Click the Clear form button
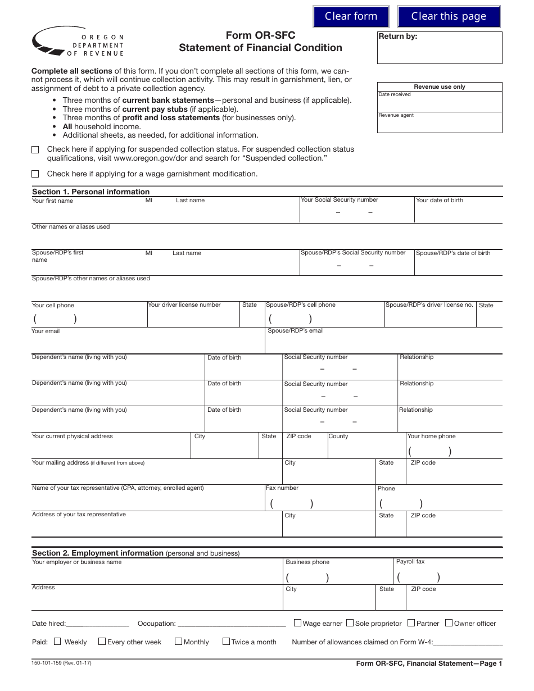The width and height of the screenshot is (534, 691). pyautogui.click(x=351, y=16)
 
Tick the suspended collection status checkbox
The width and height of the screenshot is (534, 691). pyautogui.click(x=35, y=149)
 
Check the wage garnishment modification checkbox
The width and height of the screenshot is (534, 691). pyautogui.click(x=35, y=174)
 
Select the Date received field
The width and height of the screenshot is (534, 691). pyautogui.click(x=440, y=102)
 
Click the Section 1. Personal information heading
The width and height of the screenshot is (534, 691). pyautogui.click(x=90, y=192)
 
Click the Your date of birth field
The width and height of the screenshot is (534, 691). pyautogui.click(x=458, y=212)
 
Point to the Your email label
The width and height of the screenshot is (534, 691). pyautogui.click(x=46, y=331)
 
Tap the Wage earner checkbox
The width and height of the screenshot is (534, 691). pyautogui.click(x=298, y=623)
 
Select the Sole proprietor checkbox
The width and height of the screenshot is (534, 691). pyautogui.click(x=350, y=623)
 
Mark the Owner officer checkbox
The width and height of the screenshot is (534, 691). pyautogui.click(x=449, y=623)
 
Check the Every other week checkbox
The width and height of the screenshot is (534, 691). pyautogui.click(x=102, y=641)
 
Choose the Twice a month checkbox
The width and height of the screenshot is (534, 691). pyautogui.click(x=226, y=641)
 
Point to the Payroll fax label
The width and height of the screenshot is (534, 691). pyautogui.click(x=410, y=562)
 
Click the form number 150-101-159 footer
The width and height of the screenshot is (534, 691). pyautogui.click(x=61, y=663)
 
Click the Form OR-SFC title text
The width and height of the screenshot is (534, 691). pyautogui.click(x=260, y=36)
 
